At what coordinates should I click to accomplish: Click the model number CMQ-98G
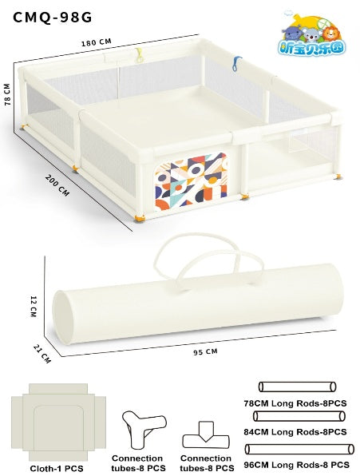[52, 18]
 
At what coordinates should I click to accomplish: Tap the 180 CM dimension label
[96, 42]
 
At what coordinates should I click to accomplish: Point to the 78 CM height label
[7, 94]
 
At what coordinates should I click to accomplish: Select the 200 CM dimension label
[57, 185]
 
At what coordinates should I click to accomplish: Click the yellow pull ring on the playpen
[139, 54]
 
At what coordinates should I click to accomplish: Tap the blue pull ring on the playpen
[236, 63]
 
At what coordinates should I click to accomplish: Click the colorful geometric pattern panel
[191, 181]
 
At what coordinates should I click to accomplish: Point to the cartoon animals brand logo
[311, 34]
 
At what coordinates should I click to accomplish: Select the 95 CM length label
[205, 352]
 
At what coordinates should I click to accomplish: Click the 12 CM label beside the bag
[34, 307]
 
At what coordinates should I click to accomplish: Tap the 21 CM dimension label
[42, 353]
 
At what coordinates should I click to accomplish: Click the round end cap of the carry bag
[64, 318]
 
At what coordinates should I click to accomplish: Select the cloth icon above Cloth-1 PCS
[58, 422]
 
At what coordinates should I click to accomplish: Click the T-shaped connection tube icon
[206, 435]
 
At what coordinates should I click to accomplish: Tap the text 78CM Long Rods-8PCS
[295, 403]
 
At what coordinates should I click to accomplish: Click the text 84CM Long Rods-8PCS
[295, 432]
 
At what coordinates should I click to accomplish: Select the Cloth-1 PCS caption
[57, 468]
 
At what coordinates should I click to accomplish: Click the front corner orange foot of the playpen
[140, 218]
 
